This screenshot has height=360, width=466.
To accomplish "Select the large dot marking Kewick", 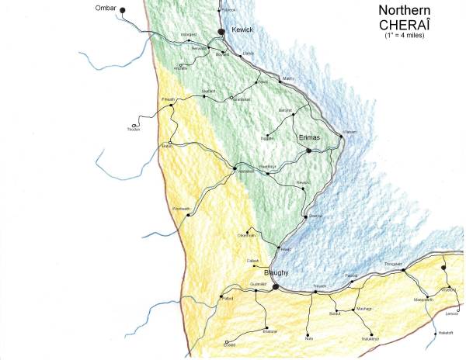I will [221, 30].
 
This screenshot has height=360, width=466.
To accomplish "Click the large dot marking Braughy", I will [275, 286].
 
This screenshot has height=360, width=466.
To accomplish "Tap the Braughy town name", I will [276, 274].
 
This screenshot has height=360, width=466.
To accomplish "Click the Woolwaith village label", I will [180, 208].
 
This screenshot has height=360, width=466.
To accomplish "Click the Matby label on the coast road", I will [288, 78].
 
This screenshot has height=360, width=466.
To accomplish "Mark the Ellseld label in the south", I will [230, 346].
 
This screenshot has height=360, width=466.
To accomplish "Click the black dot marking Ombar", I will [122, 9].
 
